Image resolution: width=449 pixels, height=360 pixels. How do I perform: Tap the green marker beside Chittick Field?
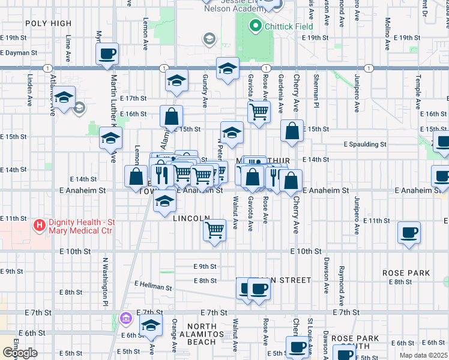(255, 26)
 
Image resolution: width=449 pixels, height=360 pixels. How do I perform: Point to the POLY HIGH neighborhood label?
(49, 23)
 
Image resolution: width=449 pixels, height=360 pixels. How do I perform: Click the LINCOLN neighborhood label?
(191, 219)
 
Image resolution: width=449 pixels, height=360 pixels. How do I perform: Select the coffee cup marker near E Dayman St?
(107, 54)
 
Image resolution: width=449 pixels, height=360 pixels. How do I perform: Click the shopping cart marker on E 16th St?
(259, 111)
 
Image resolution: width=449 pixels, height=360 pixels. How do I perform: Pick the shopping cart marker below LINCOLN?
(214, 230)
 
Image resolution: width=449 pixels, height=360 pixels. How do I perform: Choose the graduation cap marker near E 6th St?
(151, 326)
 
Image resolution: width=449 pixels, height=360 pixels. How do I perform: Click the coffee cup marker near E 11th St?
(409, 232)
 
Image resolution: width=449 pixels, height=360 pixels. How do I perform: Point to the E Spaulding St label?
(365, 145)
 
